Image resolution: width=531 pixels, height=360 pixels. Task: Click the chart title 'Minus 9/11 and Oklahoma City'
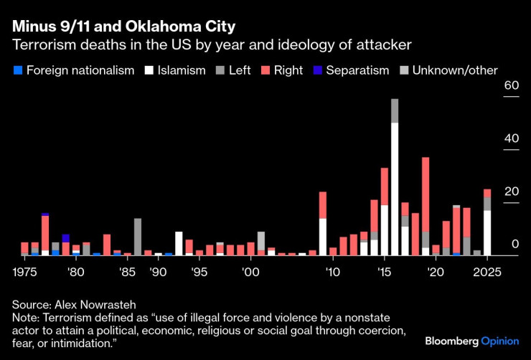(123, 27)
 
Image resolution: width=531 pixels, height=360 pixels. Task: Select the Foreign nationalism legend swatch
(18, 70)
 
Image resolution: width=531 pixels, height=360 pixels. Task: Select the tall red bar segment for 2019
(426, 194)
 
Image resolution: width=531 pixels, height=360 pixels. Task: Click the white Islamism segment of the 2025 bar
(487, 232)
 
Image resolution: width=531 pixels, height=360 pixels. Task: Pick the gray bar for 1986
(138, 237)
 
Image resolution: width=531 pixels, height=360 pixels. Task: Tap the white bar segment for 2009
(323, 237)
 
